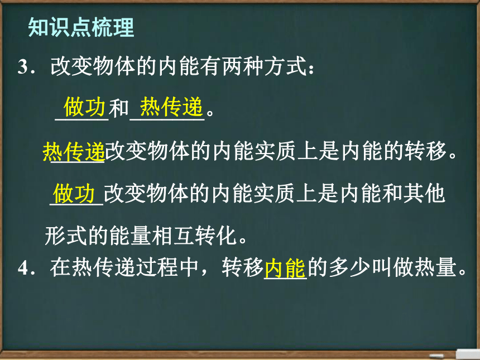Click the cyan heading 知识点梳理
81,27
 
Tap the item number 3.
23,66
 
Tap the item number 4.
23,267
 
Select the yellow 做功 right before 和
84,107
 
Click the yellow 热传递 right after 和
171,107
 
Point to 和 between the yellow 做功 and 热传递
119,108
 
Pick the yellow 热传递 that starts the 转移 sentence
74,151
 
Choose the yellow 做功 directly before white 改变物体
74,194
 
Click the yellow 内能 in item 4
285,268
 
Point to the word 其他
424,194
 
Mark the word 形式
66,236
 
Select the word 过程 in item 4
157,267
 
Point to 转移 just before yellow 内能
243,267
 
